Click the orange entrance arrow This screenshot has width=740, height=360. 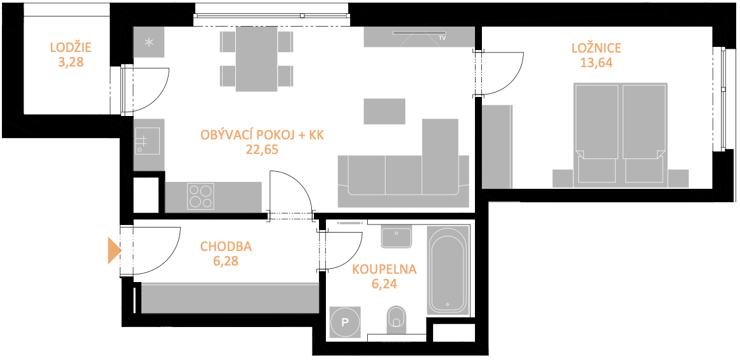[114, 250]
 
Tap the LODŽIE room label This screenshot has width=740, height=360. [71, 48]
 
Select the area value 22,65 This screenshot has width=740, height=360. [262, 150]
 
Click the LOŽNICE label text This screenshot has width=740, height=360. [596, 48]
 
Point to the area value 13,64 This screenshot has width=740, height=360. [596, 63]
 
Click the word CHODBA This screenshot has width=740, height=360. [226, 247]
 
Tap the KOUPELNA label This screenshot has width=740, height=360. [385, 270]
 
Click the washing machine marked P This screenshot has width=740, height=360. [346, 322]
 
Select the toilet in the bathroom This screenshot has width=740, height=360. [396, 318]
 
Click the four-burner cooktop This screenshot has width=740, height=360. [200, 196]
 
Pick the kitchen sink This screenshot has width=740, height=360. [146, 140]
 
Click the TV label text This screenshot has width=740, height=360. [442, 37]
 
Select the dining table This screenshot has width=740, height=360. [256, 58]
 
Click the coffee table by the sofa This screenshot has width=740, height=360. [384, 112]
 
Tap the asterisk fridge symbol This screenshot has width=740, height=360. [148, 42]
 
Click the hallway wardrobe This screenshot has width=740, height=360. [230, 298]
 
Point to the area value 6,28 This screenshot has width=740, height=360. [226, 261]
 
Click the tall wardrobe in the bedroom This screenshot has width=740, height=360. [497, 147]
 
